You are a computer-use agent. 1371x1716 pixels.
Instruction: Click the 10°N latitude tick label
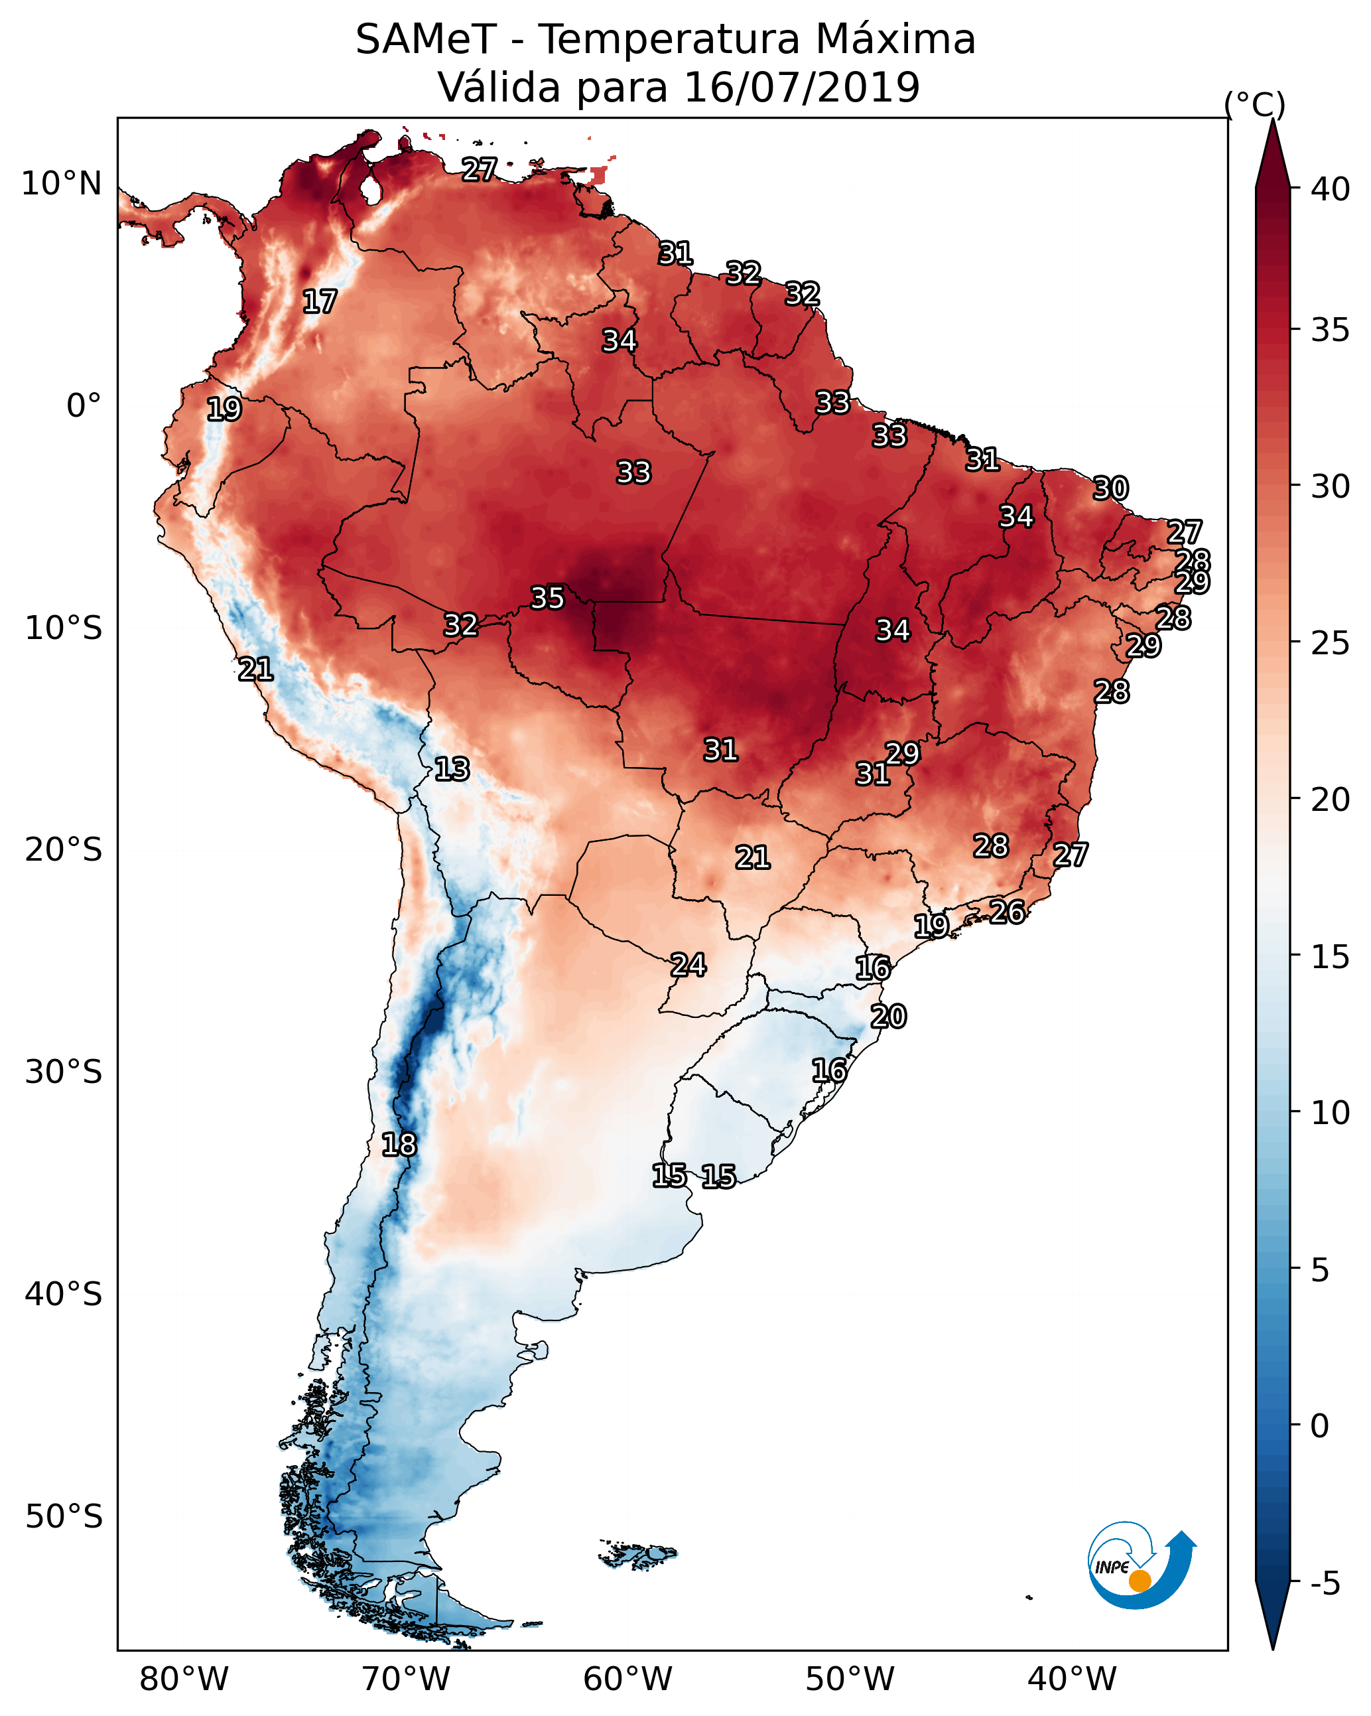61,184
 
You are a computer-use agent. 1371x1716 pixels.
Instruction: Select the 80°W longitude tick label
184,1679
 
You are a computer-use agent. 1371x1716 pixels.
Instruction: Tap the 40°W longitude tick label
1072,1679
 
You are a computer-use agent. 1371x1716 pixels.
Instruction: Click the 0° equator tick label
84,406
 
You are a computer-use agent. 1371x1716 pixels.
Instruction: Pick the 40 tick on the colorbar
1331,189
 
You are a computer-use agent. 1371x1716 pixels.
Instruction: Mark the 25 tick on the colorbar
1331,643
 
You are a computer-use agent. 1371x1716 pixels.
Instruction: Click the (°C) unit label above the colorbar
1254,104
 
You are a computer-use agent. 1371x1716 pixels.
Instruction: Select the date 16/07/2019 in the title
801,88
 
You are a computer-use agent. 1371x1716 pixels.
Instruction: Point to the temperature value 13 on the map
452,770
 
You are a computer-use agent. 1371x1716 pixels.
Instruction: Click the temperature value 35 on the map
547,598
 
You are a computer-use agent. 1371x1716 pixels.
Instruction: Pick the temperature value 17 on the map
320,302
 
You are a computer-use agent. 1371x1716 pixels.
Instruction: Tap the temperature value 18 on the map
399,1145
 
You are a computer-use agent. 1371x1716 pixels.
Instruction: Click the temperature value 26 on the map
1007,911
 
